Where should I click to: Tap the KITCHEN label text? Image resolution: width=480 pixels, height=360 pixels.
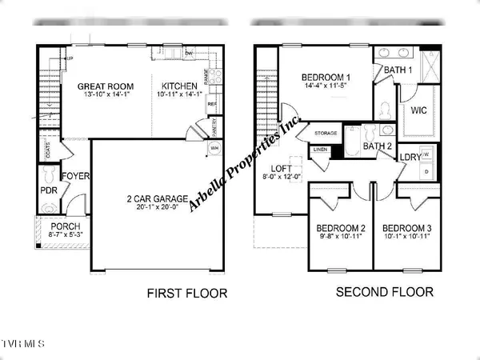click(179, 86)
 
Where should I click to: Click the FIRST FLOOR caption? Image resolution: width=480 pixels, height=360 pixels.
click(186, 294)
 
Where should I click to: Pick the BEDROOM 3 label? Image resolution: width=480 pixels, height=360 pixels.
click(407, 227)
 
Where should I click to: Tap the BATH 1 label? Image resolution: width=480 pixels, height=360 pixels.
click(398, 71)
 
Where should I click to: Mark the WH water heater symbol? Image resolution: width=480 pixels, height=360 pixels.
click(214, 149)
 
